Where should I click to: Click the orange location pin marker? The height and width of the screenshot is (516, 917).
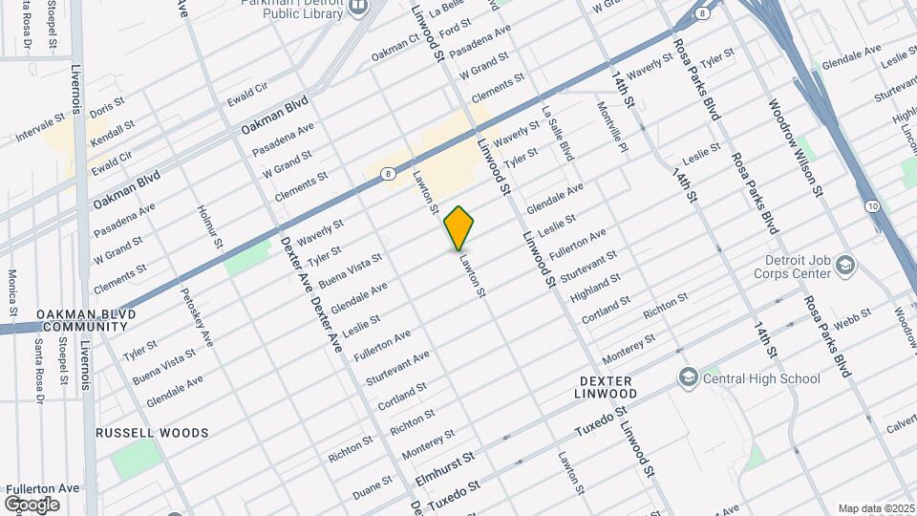(x=459, y=228)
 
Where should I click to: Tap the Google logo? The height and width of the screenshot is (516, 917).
(x=32, y=504)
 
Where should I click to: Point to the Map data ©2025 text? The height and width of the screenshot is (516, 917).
(x=876, y=508)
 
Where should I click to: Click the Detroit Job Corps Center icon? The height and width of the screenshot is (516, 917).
(x=844, y=264)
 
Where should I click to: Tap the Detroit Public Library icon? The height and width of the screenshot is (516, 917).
(x=358, y=8)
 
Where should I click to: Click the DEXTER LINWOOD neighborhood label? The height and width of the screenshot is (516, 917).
(x=608, y=387)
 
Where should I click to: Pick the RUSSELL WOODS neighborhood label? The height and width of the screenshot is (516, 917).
(x=152, y=433)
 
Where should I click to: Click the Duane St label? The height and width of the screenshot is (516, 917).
(x=373, y=488)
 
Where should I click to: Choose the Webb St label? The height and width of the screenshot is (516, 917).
(x=852, y=316)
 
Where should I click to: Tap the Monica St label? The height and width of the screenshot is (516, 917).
(x=13, y=292)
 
